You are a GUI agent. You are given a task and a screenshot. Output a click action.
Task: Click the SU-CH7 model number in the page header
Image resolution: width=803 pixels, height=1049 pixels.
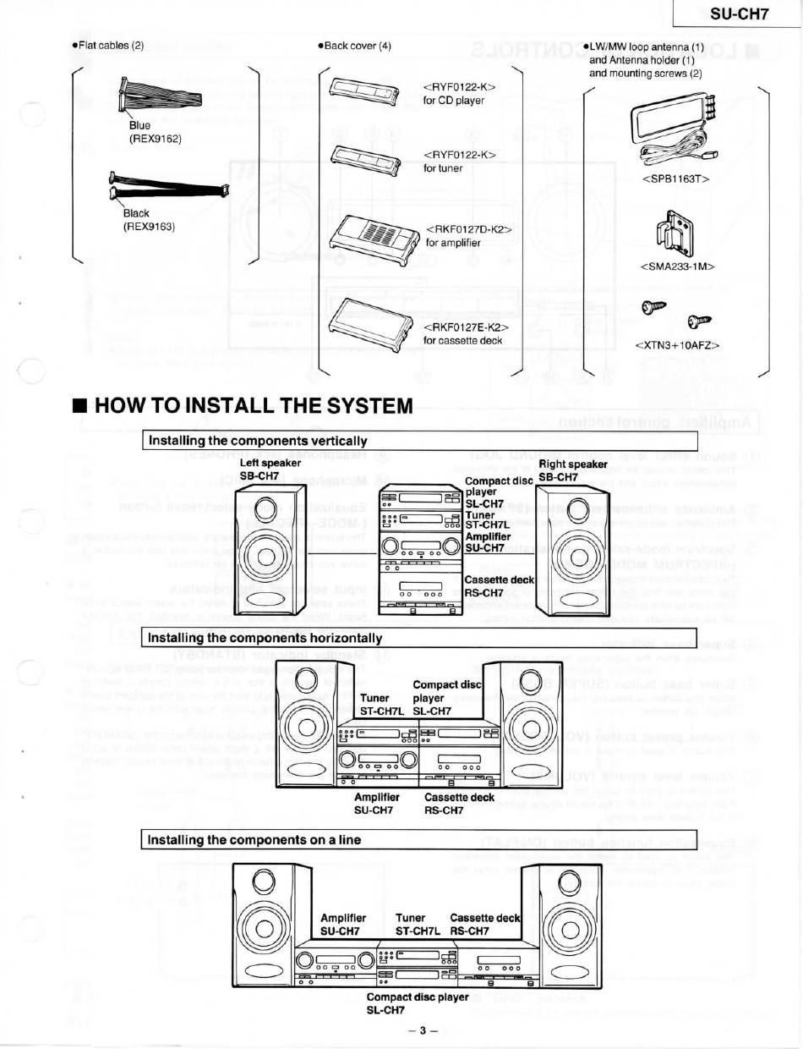(x=733, y=15)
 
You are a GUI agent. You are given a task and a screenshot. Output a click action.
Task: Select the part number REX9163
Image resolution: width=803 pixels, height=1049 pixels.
(x=150, y=226)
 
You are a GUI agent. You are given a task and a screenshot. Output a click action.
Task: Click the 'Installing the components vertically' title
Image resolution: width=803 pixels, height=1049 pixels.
(x=258, y=441)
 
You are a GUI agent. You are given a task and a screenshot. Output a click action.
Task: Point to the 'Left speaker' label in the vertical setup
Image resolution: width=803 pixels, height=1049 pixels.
(x=270, y=463)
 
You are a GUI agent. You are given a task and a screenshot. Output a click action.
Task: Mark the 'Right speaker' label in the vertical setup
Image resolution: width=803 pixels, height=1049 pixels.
(x=573, y=464)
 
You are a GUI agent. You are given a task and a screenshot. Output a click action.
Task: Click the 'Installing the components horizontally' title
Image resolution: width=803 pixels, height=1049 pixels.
(x=265, y=637)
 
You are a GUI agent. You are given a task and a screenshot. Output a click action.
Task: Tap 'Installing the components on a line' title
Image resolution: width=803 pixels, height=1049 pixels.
(x=254, y=839)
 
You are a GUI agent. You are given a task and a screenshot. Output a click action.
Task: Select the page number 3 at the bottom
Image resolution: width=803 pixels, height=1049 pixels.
(x=418, y=1030)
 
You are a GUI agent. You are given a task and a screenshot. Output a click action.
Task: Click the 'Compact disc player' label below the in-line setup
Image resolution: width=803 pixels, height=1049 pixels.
(x=418, y=997)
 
